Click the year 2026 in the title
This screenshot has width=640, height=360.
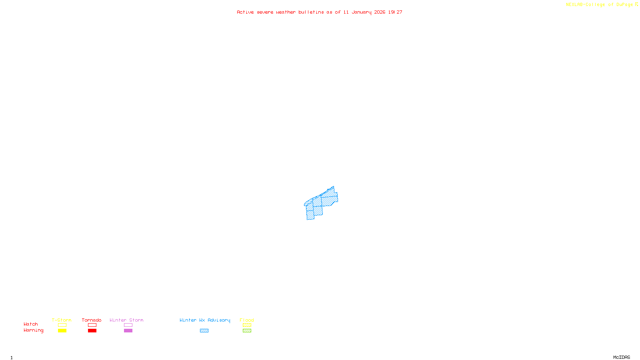pos(380,12)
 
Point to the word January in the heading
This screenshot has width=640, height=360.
pos(361,12)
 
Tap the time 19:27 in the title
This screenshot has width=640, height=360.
pos(395,12)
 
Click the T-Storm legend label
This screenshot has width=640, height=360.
pos(62,320)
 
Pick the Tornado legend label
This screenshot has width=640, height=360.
pos(92,320)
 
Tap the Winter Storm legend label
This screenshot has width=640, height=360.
pos(126,320)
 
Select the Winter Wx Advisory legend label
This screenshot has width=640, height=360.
pos(205,320)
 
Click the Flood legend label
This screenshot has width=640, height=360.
pos(247,320)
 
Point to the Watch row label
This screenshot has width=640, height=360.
pos(31,324)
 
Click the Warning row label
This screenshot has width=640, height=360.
pos(34,330)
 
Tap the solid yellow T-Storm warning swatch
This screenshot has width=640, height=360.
pos(62,331)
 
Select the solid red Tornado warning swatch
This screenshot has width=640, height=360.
pos(92,331)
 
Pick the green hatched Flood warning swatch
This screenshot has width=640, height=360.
pos(247,331)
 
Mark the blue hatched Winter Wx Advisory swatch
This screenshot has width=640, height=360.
pos(204,331)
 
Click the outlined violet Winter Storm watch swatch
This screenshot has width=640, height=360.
pos(128,325)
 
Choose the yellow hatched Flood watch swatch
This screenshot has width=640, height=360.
pos(247,325)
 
